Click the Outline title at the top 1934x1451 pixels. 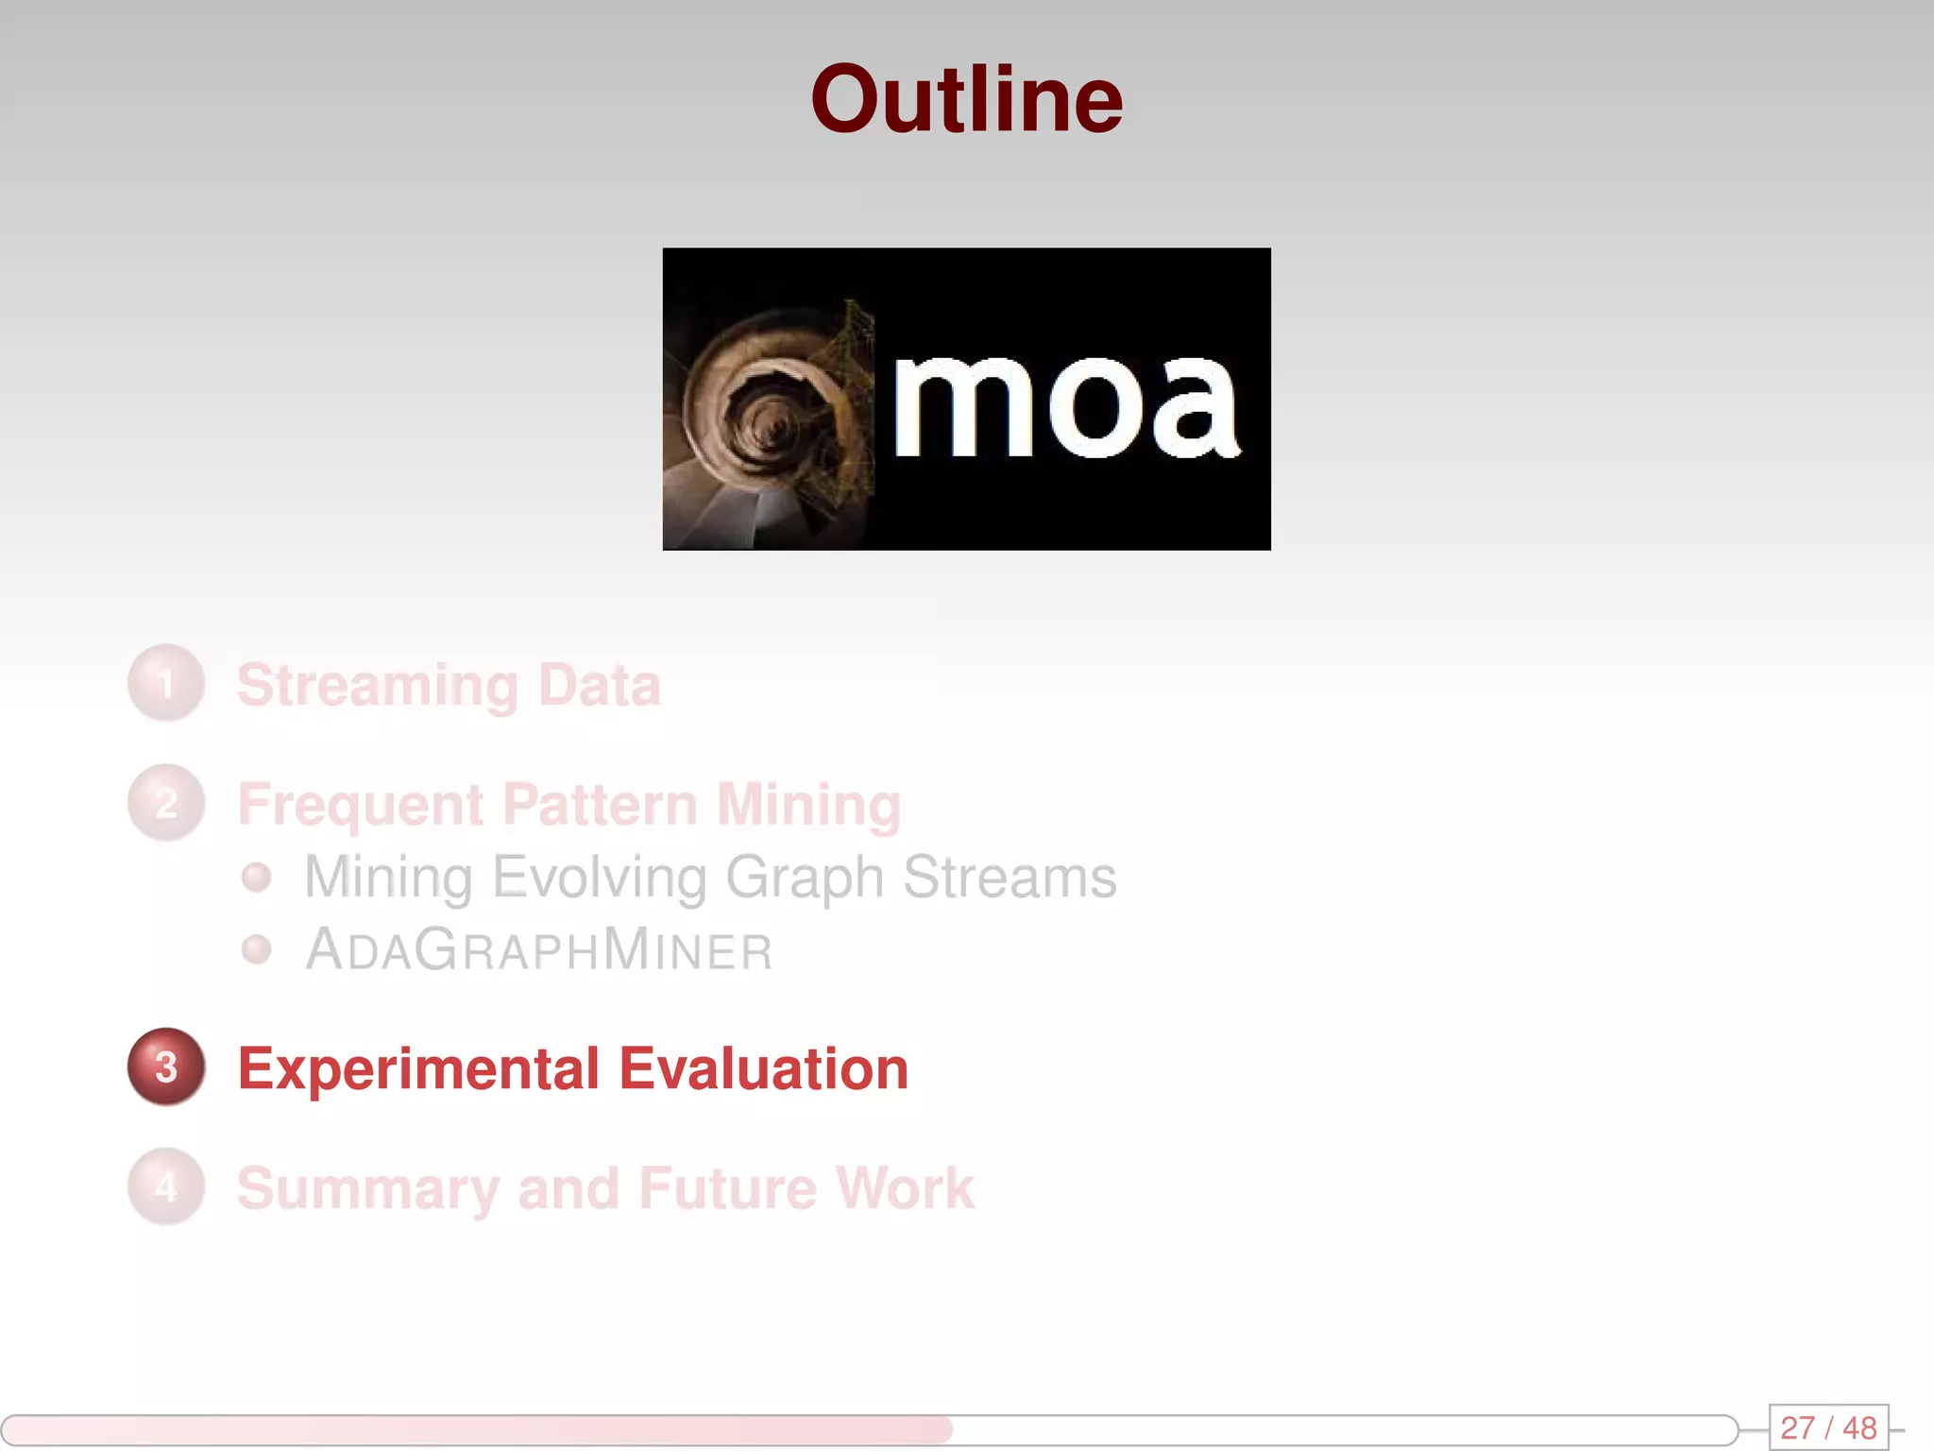tap(966, 100)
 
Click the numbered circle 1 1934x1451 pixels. tap(166, 683)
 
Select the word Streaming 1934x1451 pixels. tap(378, 685)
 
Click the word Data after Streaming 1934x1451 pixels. tap(599, 685)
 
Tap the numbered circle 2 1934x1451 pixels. tap(166, 803)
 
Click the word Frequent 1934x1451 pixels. tap(361, 805)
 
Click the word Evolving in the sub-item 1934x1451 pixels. tap(600, 878)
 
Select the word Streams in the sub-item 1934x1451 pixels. tap(1009, 878)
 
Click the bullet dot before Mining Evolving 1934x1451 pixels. tap(256, 878)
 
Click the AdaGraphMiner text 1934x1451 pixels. tap(539, 950)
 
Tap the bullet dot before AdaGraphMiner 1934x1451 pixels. tap(256, 949)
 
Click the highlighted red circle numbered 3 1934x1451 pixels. tap(166, 1067)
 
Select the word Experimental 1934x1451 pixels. tap(418, 1069)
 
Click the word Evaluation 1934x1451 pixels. tap(763, 1069)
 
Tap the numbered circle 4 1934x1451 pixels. tap(166, 1186)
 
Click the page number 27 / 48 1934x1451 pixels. tap(1828, 1427)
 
